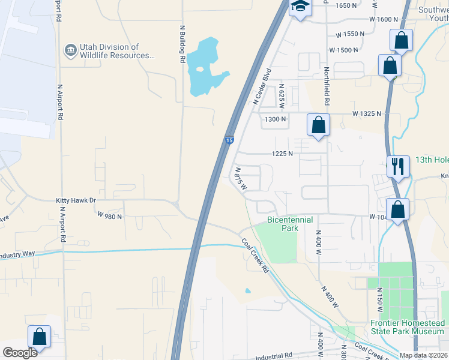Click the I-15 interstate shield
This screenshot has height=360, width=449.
point(230,140)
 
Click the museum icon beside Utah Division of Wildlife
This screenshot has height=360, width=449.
point(70,49)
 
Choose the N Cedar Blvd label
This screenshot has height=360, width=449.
point(262,86)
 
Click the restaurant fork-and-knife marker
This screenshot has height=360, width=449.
point(397,166)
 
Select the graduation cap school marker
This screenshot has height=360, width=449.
point(299,7)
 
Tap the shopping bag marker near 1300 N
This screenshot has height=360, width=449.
point(319,125)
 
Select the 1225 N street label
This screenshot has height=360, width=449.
point(282,154)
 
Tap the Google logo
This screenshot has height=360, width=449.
point(20,352)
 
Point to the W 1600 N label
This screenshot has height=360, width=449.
point(384,19)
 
